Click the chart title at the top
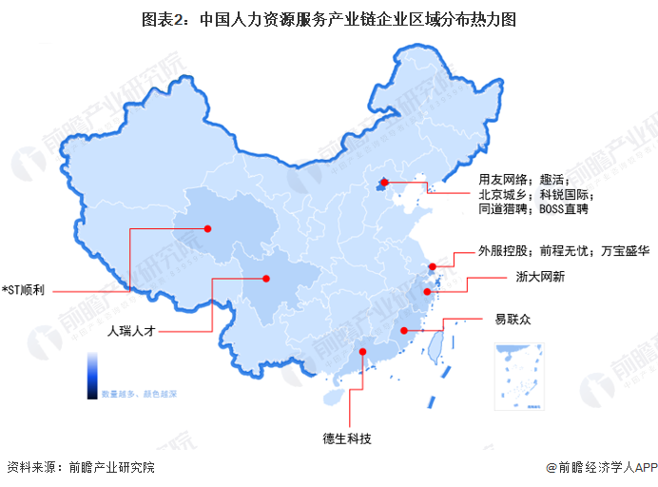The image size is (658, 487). [328, 19]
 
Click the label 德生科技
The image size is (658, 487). [346, 438]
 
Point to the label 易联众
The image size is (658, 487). [513, 320]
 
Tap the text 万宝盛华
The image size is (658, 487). [622, 251]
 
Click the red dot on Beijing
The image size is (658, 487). [384, 183]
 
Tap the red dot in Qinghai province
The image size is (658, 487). [206, 228]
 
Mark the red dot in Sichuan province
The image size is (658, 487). [266, 279]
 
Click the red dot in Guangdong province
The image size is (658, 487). [363, 353]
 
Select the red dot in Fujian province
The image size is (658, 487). [404, 330]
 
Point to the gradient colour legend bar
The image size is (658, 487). [92, 374]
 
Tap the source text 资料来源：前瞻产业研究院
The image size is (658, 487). [80, 468]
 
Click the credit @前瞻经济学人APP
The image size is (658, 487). [602, 468]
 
